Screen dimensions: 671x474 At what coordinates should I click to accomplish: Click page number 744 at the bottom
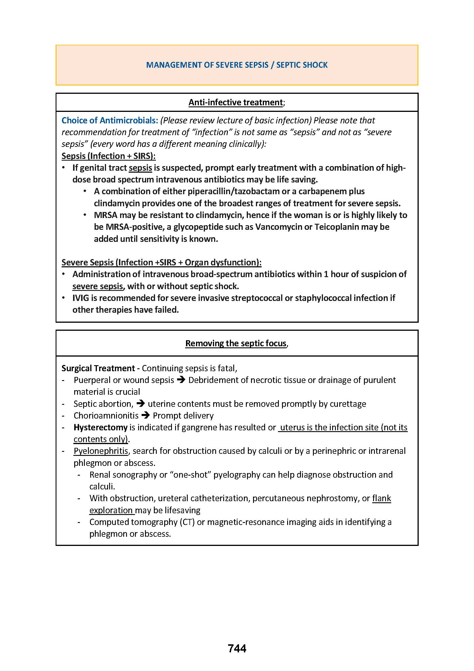[x=237, y=648]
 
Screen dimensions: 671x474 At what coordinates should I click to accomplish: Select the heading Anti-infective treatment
[x=236, y=102]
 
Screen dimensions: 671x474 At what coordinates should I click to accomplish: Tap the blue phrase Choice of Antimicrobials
[x=109, y=120]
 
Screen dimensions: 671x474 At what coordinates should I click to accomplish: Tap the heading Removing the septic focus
[x=236, y=343]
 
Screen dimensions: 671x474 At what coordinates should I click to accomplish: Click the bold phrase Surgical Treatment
[x=98, y=368]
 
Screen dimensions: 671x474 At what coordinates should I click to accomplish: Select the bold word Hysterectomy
[x=100, y=427]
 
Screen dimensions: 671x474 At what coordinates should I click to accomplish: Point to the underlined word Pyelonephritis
[x=101, y=451]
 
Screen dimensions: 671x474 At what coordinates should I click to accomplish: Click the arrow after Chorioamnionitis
[x=145, y=416]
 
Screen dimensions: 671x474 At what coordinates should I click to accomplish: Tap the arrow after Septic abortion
[x=141, y=404]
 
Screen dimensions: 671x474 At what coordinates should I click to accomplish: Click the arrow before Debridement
[x=181, y=380]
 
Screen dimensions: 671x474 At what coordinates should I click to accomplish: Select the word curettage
[x=348, y=404]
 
